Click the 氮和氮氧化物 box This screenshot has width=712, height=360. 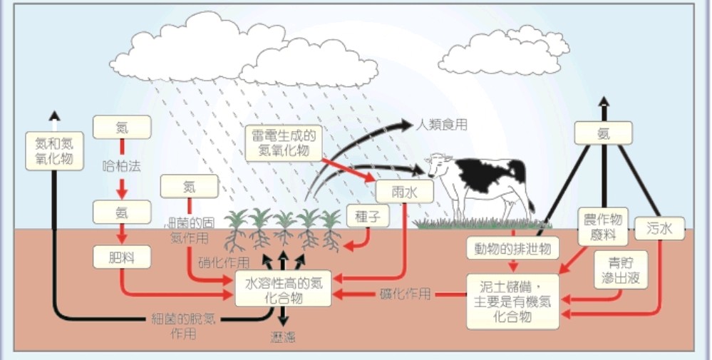tap(54, 150)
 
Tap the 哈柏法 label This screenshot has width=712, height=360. tap(122, 167)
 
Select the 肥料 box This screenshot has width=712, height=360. tap(122, 257)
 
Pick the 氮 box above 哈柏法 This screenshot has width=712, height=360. tap(122, 127)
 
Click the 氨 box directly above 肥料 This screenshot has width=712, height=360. tap(122, 212)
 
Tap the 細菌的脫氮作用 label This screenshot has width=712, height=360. tap(183, 324)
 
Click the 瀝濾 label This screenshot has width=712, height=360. tap(283, 336)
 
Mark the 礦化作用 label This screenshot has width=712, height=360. tap(403, 294)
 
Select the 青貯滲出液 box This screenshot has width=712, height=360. tap(621, 269)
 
